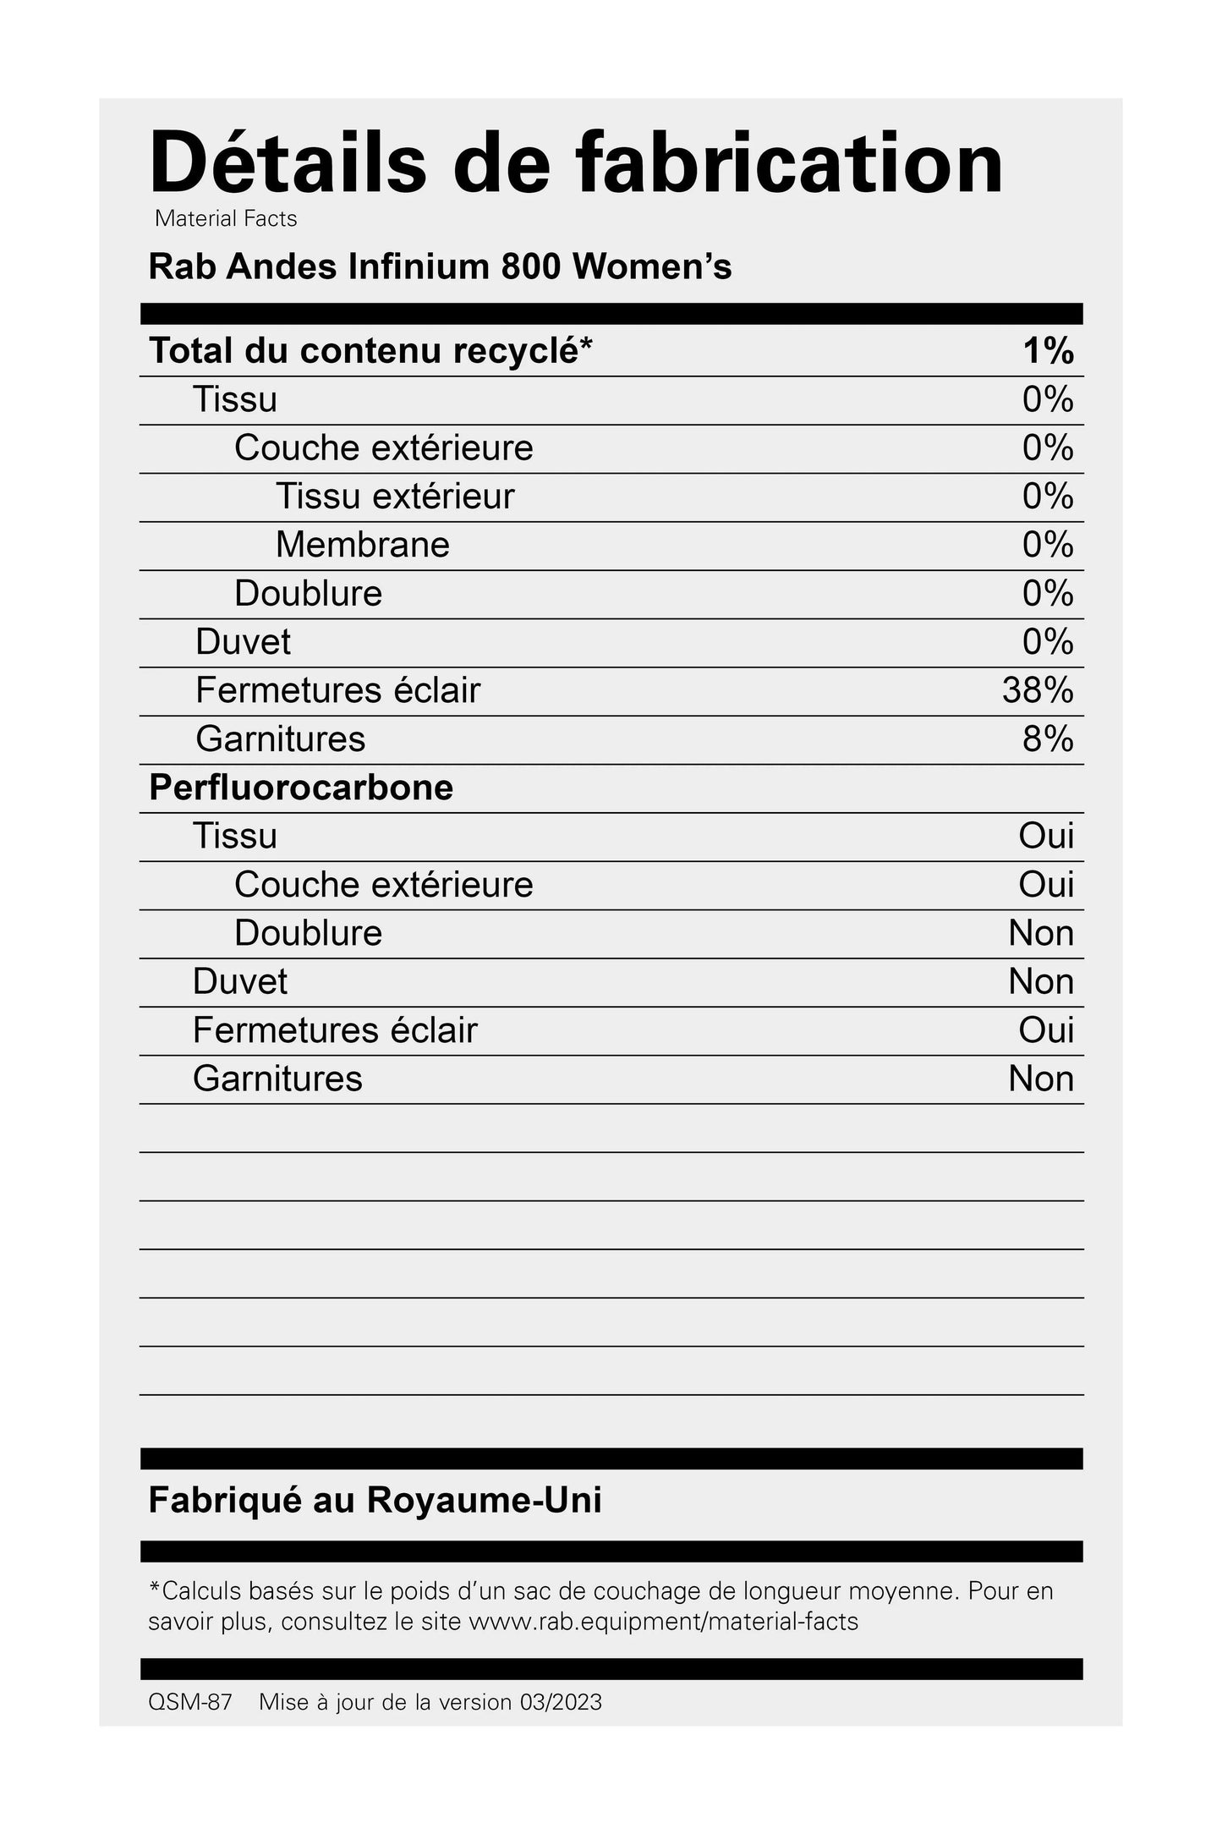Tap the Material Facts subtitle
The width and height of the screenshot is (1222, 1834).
coord(226,218)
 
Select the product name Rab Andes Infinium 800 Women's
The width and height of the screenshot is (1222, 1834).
coord(440,266)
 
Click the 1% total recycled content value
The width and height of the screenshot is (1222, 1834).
coord(1048,350)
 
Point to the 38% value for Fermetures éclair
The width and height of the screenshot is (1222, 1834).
coord(1038,690)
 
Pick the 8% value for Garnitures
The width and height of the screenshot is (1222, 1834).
coord(1048,739)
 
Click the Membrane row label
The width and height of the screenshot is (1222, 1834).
coord(362,544)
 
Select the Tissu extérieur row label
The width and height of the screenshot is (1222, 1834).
coord(395,496)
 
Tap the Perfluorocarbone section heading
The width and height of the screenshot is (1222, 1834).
coord(301,788)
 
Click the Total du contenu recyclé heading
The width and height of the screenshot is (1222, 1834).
coord(370,350)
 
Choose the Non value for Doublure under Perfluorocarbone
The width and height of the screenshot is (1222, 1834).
coord(1041,933)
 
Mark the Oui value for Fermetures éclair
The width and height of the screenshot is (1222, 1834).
coord(1046,1030)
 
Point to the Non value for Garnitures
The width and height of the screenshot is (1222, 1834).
coord(1041,1079)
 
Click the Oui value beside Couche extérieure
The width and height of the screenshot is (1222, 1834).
coord(1046,884)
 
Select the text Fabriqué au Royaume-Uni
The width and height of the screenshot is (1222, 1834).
coord(375,1500)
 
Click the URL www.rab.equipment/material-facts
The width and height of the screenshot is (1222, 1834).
coord(663,1622)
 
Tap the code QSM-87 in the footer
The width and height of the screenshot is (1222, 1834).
coord(189,1702)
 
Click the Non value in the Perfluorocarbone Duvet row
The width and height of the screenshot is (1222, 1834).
coord(1041,981)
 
